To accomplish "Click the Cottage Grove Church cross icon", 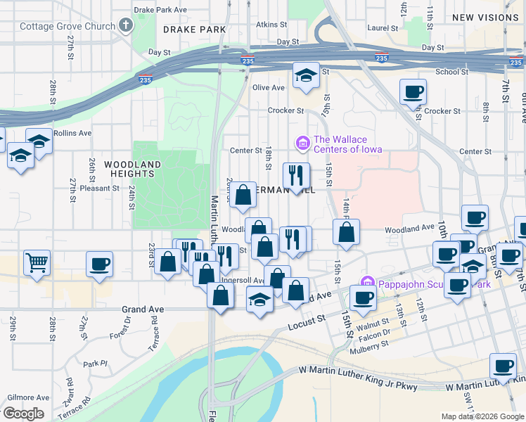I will (126, 27).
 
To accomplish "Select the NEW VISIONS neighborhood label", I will (485, 17).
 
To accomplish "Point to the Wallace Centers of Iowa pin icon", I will (303, 143).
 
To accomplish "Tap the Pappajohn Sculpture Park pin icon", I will (366, 283).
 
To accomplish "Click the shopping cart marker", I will (37, 263).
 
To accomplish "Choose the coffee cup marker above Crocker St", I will (413, 91).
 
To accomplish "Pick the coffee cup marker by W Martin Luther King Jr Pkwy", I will (502, 366).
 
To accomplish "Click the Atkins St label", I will (271, 24).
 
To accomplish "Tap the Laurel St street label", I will (383, 29).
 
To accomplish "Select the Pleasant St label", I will (100, 188).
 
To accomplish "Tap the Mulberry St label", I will (371, 345).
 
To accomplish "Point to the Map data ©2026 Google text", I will (482, 416).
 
